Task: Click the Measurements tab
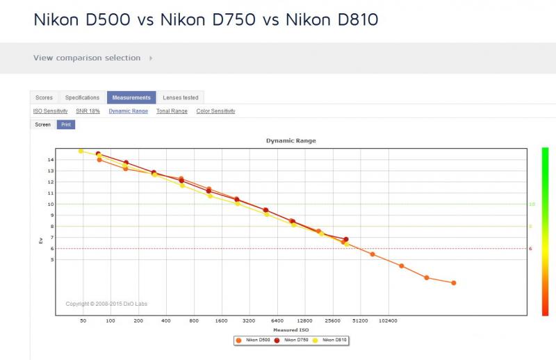pos(131,97)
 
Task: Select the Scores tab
pos(44,97)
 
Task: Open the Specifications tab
pos(82,97)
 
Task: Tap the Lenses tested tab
pos(181,97)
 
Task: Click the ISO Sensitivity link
pos(50,111)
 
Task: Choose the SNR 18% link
pos(88,111)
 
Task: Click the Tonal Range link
pos(172,111)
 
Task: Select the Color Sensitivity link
pos(215,111)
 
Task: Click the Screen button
pos(43,124)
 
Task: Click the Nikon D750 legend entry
pos(292,340)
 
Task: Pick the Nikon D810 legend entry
pos(330,340)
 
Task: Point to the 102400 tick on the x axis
pos(388,320)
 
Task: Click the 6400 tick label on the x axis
pos(277,320)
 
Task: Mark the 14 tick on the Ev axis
pos(51,160)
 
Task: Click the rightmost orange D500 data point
pos(454,283)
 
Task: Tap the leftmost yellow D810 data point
pos(81,151)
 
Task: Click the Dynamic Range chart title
pos(291,140)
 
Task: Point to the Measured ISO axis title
pos(291,330)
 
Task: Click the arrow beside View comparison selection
pos(151,58)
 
